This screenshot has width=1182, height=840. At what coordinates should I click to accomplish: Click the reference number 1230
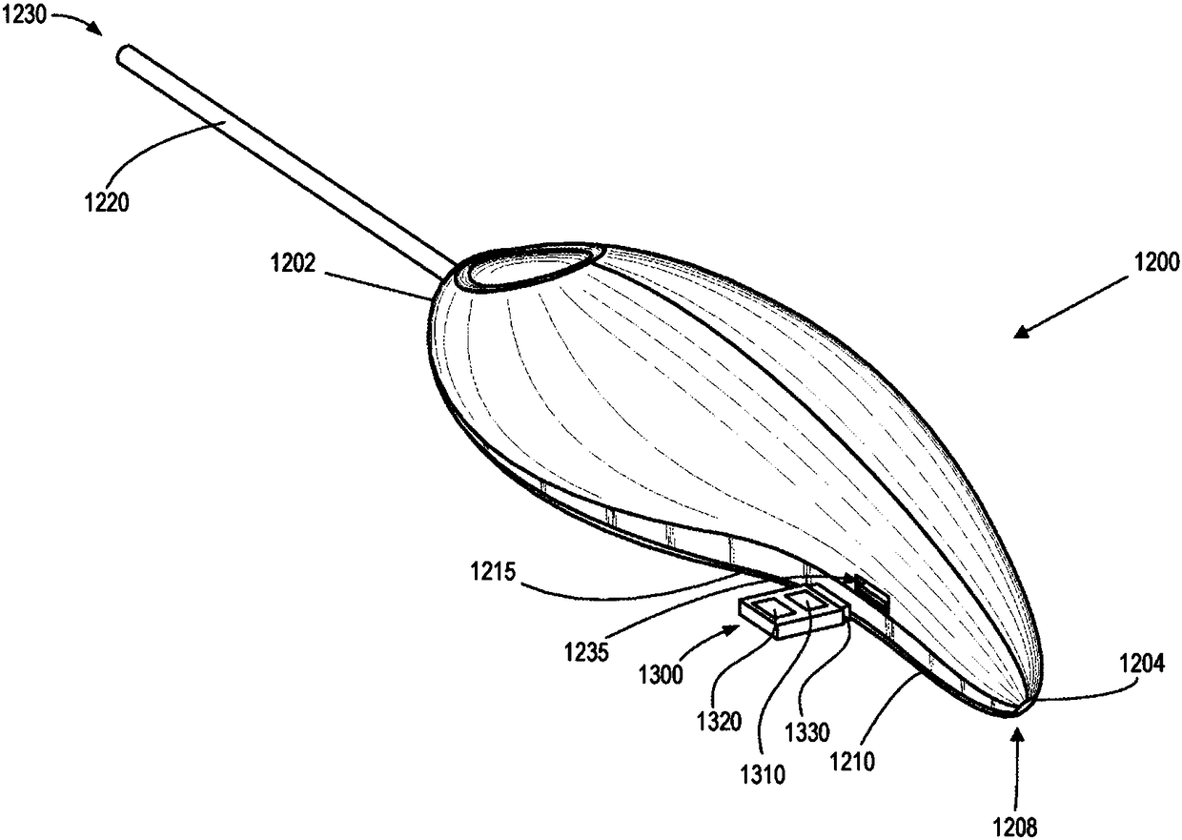tap(24, 14)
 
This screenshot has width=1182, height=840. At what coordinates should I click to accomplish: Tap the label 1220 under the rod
tap(107, 203)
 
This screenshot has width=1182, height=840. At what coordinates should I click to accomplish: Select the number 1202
tap(293, 263)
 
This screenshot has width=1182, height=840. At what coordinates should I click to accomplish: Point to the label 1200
tap(1156, 262)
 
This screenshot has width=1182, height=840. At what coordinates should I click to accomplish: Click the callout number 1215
tap(493, 572)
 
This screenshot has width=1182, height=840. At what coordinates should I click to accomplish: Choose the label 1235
tap(587, 652)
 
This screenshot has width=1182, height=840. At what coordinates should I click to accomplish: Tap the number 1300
tap(662, 675)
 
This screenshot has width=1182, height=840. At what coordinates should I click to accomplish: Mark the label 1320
tap(720, 722)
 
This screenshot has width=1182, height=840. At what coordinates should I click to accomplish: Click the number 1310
tap(763, 775)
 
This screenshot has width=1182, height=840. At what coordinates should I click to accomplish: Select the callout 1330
tap(807, 732)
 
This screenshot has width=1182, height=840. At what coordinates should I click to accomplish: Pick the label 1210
tap(852, 762)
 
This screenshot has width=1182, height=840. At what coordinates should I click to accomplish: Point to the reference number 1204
tap(1142, 664)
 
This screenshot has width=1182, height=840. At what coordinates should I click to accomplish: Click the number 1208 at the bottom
tap(1015, 827)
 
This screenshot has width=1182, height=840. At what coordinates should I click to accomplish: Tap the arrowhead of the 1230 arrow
tap(96, 29)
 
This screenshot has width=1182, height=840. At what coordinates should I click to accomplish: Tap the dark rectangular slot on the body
tap(872, 595)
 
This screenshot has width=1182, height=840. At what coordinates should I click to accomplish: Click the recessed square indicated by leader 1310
tap(774, 610)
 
